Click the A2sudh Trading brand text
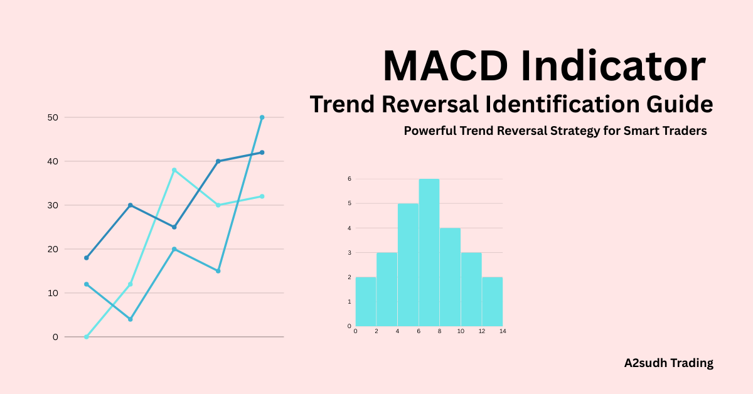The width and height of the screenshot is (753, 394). point(669,363)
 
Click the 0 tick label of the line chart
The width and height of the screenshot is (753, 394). point(55,337)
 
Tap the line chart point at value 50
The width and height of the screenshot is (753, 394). point(262,117)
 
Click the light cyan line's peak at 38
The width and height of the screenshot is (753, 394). point(174,170)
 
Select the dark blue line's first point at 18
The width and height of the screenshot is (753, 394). point(87,258)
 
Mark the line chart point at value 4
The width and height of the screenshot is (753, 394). point(131,319)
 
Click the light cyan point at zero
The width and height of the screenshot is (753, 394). point(87,337)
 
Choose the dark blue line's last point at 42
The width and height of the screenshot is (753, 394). point(262,152)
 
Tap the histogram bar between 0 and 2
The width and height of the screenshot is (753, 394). point(366,301)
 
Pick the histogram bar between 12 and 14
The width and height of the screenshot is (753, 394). point(493,301)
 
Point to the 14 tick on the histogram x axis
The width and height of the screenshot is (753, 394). point(503,331)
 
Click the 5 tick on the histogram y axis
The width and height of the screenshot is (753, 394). point(350,203)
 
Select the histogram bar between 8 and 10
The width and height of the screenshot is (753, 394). point(450,277)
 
